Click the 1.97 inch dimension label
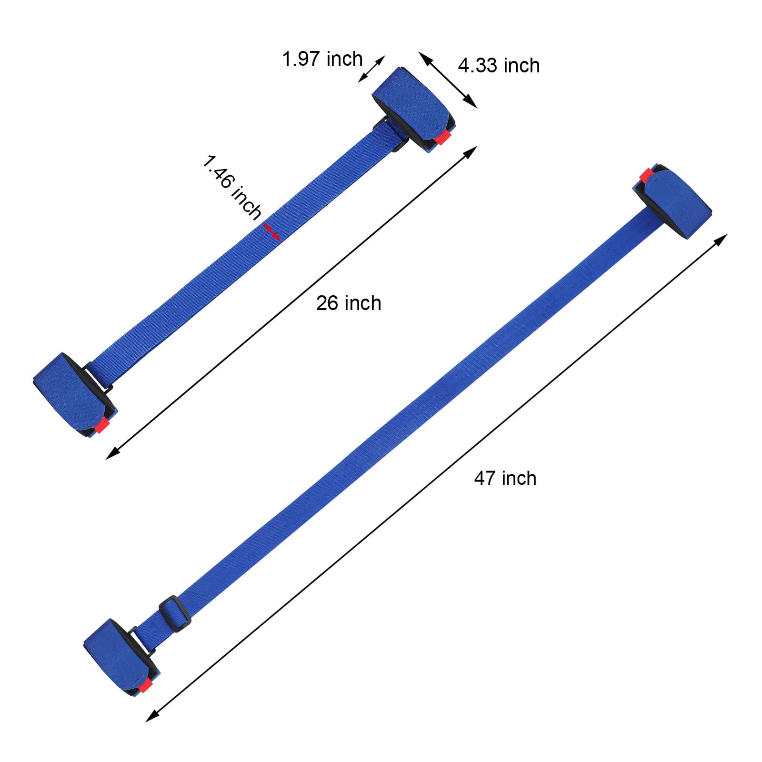(x=322, y=59)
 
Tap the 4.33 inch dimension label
(x=499, y=65)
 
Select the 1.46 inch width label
(x=232, y=187)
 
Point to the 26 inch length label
(x=349, y=303)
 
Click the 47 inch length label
(x=505, y=478)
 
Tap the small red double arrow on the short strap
(x=271, y=232)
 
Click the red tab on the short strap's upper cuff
(x=443, y=137)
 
